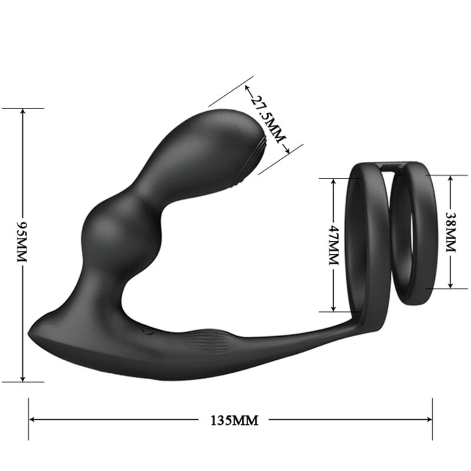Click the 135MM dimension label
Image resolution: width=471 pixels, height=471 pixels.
pyautogui.click(x=234, y=420)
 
